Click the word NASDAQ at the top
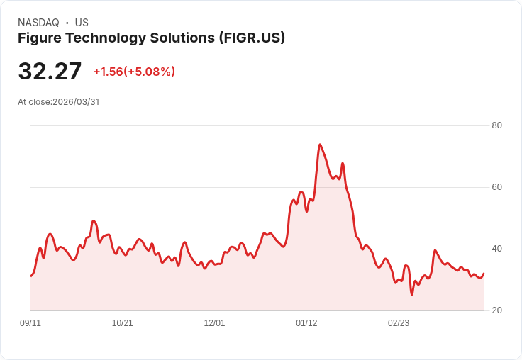point(38,23)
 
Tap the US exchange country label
point(82,23)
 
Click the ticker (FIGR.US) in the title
point(252,38)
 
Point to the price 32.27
point(50,72)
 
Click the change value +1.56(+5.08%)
point(134,72)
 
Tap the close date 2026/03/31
point(76,102)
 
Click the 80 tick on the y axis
point(497,125)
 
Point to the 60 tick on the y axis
point(497,187)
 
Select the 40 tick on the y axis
point(497,249)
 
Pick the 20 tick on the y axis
point(497,310)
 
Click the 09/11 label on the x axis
point(30,323)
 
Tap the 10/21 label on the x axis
point(123,323)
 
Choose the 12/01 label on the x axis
point(214,323)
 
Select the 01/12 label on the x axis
point(306,323)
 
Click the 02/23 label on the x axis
point(399,323)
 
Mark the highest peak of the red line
point(320,145)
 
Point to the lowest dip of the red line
point(412,294)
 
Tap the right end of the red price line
point(484,274)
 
